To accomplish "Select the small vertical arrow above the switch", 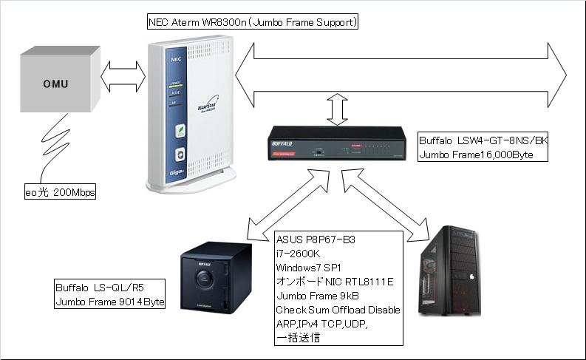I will pos(338,111).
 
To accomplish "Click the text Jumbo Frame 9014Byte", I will pos(110,302).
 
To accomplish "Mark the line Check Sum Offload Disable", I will pos(338,310).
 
